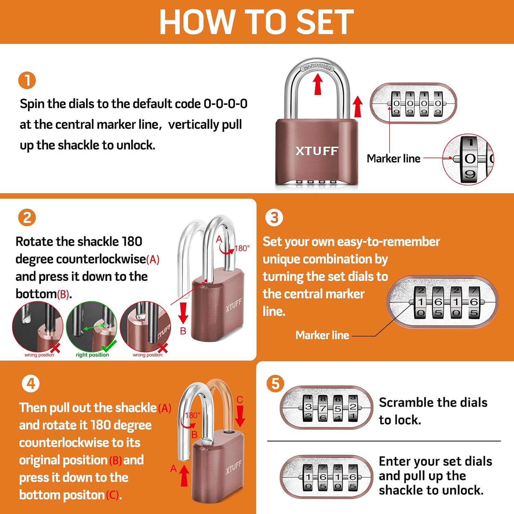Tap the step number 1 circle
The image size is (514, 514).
(27, 81)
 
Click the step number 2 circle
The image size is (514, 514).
(27, 218)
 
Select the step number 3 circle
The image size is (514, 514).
(274, 218)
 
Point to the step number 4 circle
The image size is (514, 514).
(31, 384)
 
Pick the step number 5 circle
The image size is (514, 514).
(276, 384)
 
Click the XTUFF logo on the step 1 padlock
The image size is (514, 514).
(317, 151)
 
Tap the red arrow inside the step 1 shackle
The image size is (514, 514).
(318, 84)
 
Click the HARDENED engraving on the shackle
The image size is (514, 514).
(317, 66)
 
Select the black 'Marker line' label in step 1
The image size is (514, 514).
(393, 159)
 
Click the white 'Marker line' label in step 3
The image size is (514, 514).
(322, 335)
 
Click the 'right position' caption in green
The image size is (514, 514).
(92, 355)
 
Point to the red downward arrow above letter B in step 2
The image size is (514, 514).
(183, 313)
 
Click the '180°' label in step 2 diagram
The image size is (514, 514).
(242, 248)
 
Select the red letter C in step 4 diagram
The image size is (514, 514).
(240, 400)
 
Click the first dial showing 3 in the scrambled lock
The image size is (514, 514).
(308, 407)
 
